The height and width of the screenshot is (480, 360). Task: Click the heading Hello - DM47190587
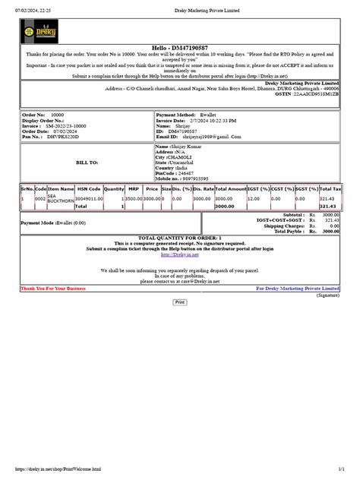180,46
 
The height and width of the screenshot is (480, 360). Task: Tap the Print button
180,302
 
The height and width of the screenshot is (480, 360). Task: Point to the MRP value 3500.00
134,198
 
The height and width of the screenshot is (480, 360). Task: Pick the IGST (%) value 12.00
254,198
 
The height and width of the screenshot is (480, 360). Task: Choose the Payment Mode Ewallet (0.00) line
53,223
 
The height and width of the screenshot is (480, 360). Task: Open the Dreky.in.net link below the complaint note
179,255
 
